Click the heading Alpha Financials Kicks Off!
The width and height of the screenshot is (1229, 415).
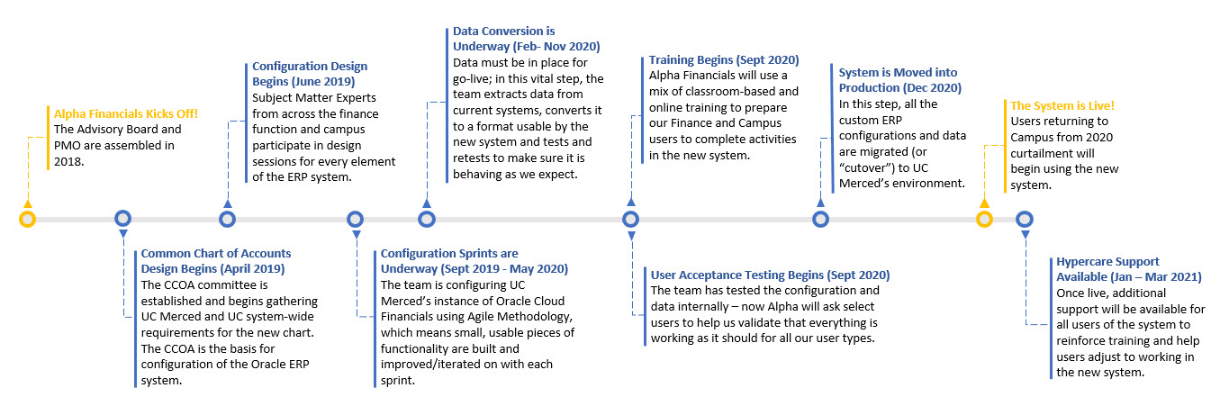(126, 113)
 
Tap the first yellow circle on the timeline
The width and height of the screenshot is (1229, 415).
(27, 220)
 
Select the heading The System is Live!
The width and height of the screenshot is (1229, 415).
(1062, 105)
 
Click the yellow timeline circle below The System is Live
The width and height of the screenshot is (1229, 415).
(984, 220)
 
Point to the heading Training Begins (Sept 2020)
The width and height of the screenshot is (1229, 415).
(724, 59)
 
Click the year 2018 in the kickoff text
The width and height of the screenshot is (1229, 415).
(68, 162)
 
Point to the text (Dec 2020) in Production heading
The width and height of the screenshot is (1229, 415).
(932, 87)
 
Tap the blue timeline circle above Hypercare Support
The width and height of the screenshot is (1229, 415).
(1025, 220)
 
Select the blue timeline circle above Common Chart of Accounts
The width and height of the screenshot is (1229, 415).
(122, 218)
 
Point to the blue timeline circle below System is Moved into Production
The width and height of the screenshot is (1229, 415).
(820, 220)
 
